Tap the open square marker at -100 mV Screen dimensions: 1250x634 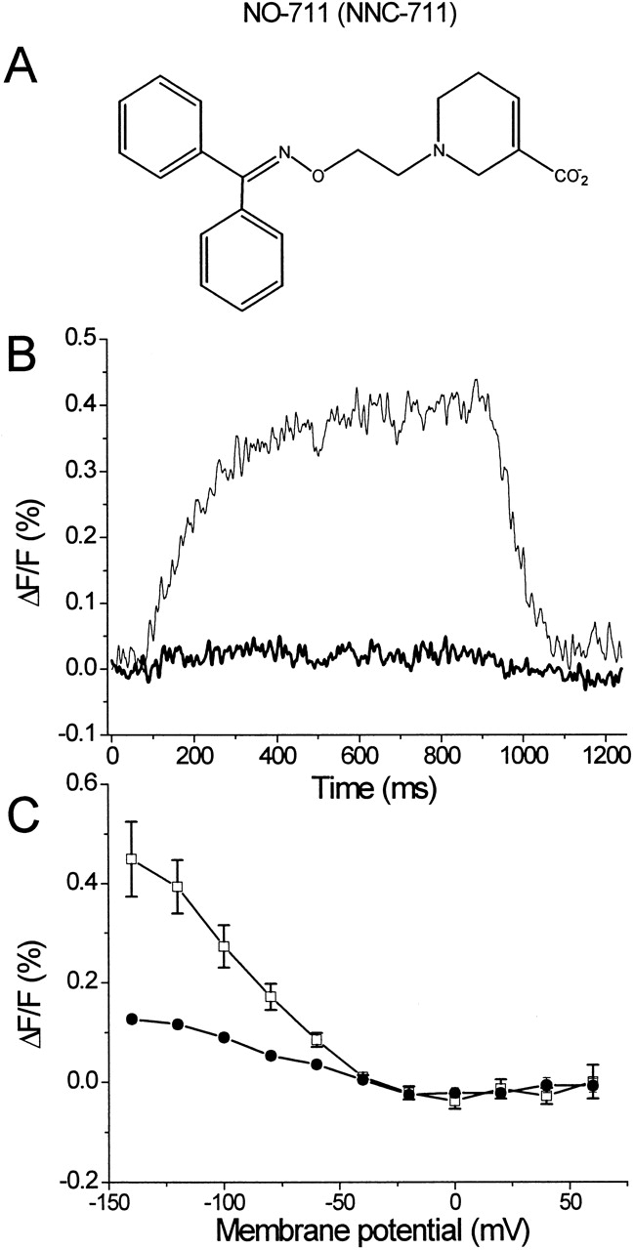click(224, 946)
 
